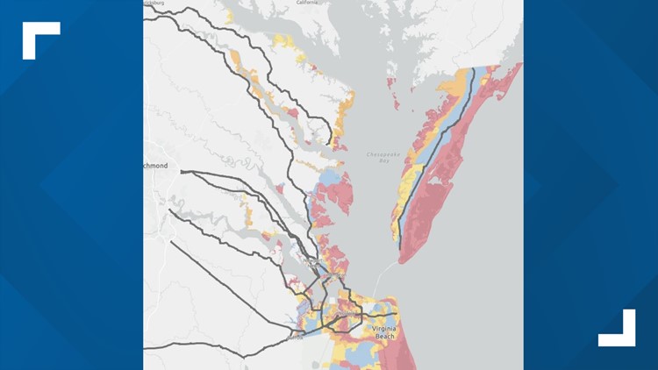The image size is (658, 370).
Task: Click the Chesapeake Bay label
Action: [381, 158]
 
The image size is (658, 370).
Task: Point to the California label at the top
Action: [306, 3]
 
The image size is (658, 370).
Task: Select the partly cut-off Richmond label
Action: [155, 165]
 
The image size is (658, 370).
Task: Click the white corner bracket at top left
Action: [39, 39]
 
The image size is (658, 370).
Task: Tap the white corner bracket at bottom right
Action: [618, 328]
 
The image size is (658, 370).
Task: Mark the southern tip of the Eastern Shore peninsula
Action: [402, 260]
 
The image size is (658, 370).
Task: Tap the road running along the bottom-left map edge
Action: [202, 346]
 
